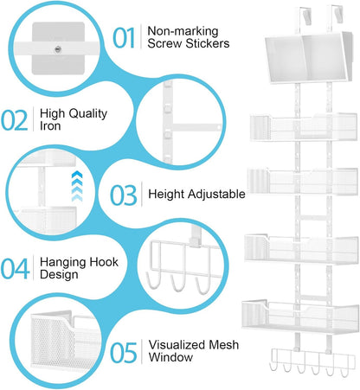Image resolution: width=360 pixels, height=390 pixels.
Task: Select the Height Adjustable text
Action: point(196,194)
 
